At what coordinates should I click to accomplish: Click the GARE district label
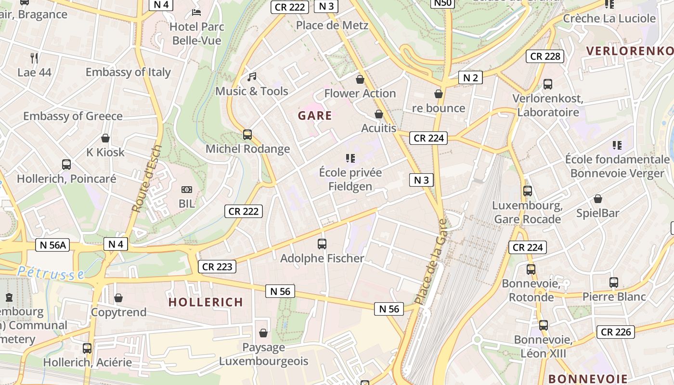coord(315,115)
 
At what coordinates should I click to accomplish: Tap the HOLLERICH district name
coord(206,302)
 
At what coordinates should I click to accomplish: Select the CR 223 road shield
coord(217,267)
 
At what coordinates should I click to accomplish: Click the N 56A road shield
coord(52,245)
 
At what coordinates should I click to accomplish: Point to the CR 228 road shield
coord(545,56)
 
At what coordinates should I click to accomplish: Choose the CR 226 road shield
coord(616,332)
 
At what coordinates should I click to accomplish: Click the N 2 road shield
coord(470,77)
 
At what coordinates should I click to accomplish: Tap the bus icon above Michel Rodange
coord(247,135)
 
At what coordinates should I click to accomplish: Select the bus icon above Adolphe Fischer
coord(322,244)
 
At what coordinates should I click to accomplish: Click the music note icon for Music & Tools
coord(252,77)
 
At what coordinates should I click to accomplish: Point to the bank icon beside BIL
coord(186,190)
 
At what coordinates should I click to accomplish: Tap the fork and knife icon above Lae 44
coord(34,58)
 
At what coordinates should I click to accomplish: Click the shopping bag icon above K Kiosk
coord(105,139)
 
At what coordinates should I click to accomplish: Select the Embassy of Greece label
coord(73,116)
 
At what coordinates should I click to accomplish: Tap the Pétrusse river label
coord(51,273)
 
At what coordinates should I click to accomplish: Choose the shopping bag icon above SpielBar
coord(598,199)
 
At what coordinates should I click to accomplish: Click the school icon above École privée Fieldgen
coord(350,158)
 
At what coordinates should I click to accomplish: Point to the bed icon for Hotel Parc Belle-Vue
coord(196,12)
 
